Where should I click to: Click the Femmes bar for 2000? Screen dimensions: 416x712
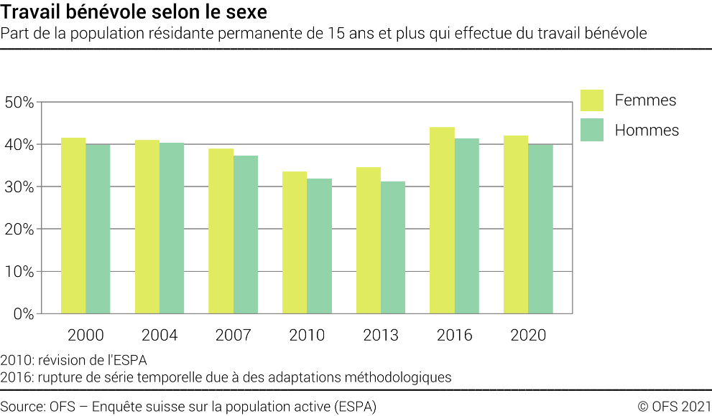(73, 226)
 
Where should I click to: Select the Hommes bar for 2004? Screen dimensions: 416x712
(172, 228)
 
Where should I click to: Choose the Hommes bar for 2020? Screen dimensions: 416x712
(540, 229)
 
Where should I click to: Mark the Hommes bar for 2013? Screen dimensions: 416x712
(393, 247)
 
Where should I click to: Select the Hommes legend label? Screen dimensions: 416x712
(647, 131)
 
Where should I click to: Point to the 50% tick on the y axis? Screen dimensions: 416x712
(19, 102)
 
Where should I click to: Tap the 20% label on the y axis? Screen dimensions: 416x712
(19, 230)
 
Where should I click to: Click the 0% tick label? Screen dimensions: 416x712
(23, 314)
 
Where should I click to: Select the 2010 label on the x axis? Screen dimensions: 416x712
(307, 335)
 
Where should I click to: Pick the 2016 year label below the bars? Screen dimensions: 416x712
(454, 335)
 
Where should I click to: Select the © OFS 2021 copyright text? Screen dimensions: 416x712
(674, 406)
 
